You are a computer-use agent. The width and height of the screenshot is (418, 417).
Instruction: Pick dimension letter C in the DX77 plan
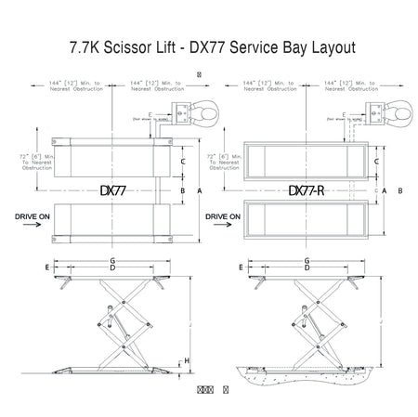click(184, 162)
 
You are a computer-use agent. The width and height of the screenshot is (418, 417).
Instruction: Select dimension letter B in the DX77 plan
click(184, 190)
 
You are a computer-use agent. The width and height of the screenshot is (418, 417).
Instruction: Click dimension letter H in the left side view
click(187, 360)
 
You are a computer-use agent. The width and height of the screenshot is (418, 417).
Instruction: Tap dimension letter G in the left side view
click(113, 261)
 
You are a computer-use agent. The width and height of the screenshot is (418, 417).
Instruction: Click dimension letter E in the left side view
click(46, 267)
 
